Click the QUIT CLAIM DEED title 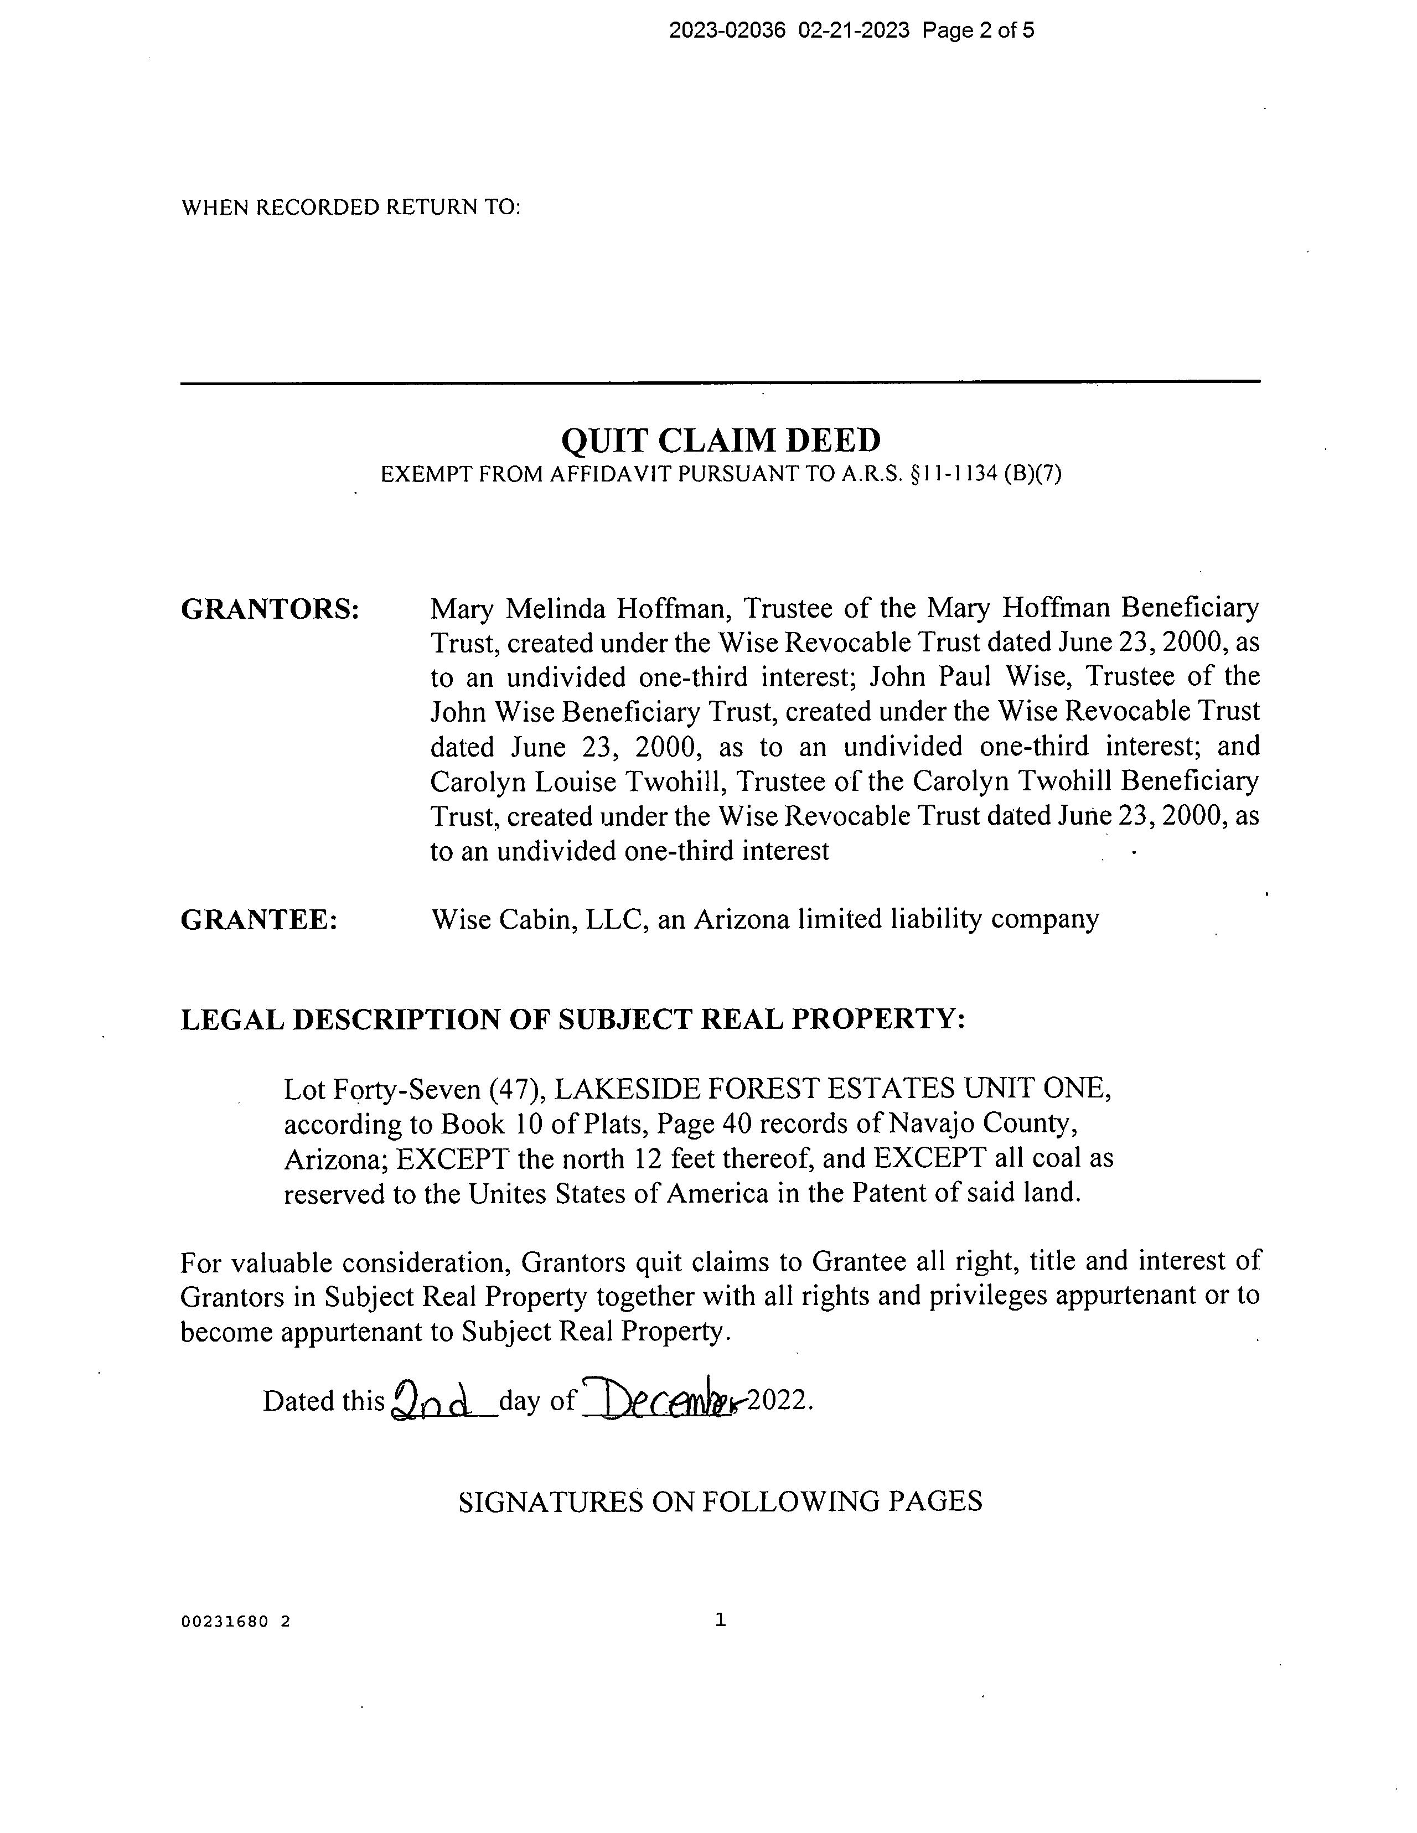point(720,440)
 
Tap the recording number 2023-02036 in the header point(727,31)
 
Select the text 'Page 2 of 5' point(978,31)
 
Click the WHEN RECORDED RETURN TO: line point(351,208)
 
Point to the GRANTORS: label point(270,609)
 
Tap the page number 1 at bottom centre point(720,1620)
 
